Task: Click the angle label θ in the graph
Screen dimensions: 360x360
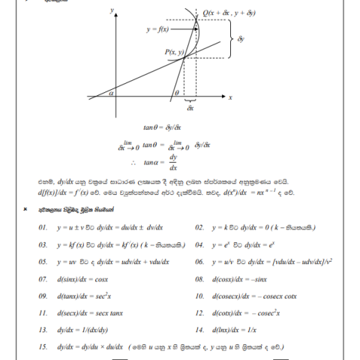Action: pyautogui.click(x=175, y=93)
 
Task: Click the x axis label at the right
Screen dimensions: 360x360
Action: pyautogui.click(x=230, y=98)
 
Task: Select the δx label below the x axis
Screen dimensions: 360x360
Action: pyautogui.click(x=190, y=109)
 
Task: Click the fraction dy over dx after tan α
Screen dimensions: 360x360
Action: pyautogui.click(x=174, y=163)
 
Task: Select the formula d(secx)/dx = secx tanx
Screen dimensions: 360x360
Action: pyautogui.click(x=90, y=313)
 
